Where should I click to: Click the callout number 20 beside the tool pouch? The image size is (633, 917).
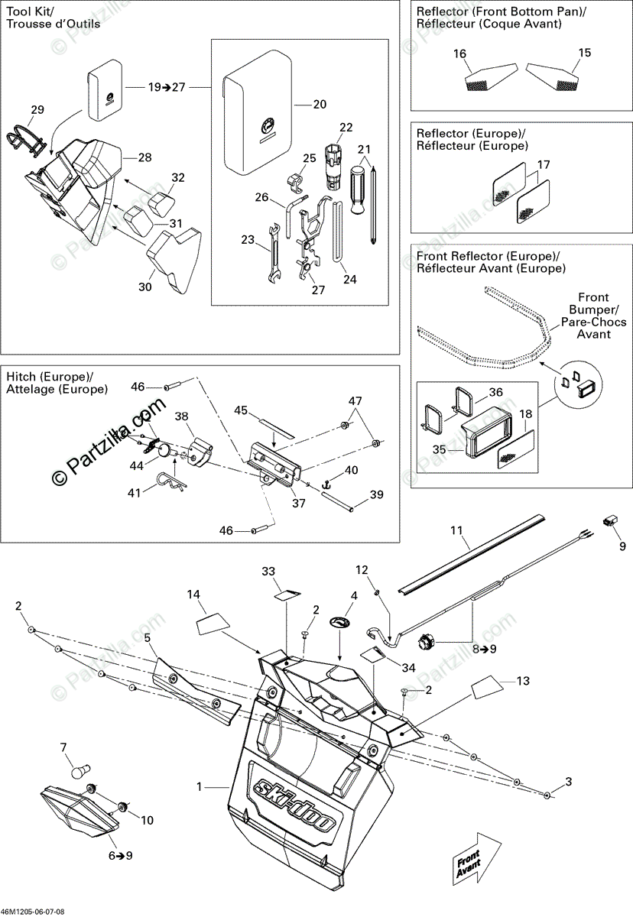coord(320,104)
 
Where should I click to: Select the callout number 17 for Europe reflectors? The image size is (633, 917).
coord(544,164)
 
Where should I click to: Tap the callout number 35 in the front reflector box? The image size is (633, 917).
coord(440,450)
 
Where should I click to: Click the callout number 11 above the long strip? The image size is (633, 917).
coord(457,530)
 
